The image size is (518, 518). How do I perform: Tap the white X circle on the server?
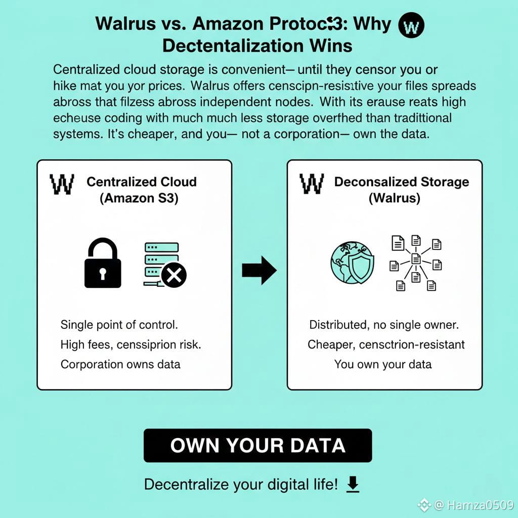(x=174, y=275)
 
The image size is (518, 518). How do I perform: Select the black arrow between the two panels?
(x=259, y=271)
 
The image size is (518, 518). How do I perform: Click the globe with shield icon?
(x=353, y=263)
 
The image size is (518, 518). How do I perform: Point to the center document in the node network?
(x=416, y=259)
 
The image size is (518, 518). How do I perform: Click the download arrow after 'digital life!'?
(x=353, y=485)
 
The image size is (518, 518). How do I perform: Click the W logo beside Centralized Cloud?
(x=62, y=185)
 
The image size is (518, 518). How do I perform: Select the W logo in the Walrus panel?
(x=312, y=185)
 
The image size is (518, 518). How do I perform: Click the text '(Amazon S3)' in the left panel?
(x=138, y=198)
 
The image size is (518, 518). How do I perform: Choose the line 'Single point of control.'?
(x=119, y=324)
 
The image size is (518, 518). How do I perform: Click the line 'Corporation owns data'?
(x=120, y=364)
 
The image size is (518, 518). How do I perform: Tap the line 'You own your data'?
(x=383, y=364)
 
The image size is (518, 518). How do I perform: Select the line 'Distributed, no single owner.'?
(x=384, y=324)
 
